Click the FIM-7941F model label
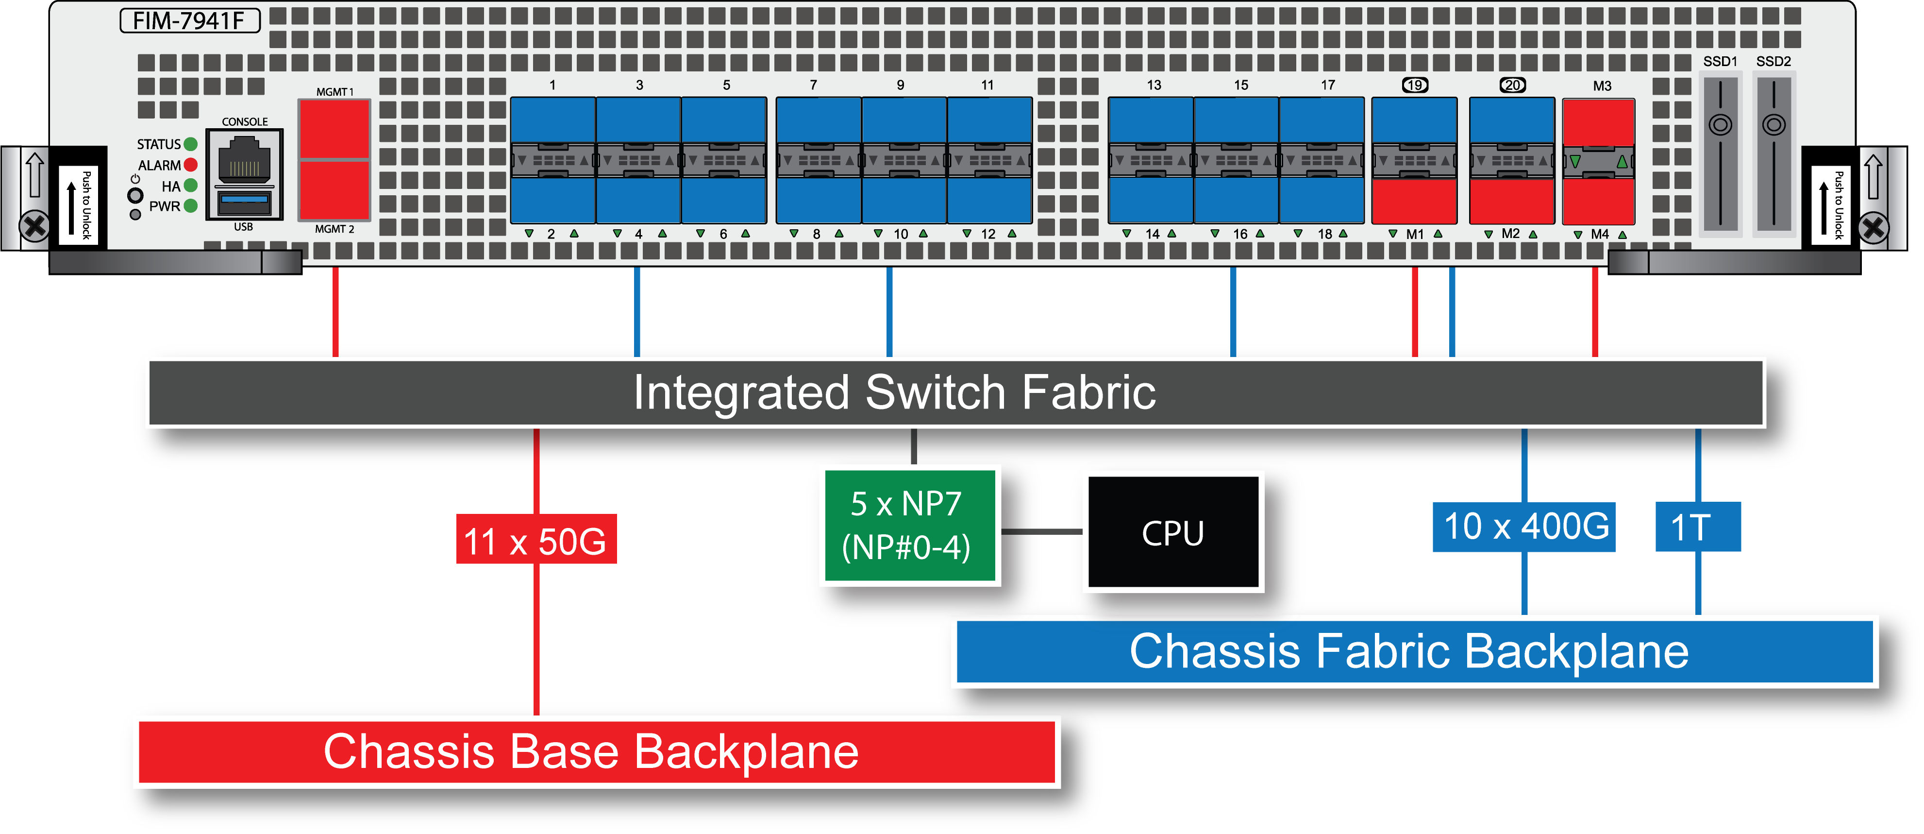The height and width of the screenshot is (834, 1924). coord(190,20)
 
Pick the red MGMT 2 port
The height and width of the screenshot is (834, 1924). coord(334,190)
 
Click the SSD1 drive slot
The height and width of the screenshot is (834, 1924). coord(1720,153)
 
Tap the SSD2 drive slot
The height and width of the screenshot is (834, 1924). coord(1774,153)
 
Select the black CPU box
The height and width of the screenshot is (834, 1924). coord(1172,532)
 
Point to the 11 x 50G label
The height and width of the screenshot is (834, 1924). coord(535,540)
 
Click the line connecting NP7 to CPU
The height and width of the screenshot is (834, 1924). coord(1041,532)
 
